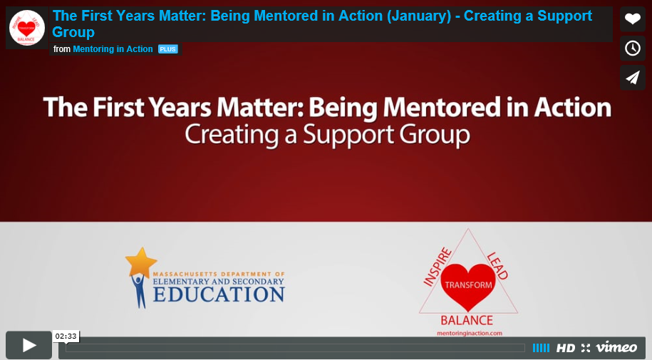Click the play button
point(29,346)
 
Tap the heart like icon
point(632,19)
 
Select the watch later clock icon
point(632,48)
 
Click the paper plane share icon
point(632,77)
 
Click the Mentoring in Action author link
point(113,49)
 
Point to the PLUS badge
point(168,49)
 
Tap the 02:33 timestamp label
point(66,336)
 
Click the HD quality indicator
point(566,348)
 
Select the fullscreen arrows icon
point(586,348)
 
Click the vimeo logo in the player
point(616,347)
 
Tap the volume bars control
point(541,348)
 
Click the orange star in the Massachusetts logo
point(140,261)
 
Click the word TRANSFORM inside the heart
point(468,284)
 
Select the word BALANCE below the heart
point(467,320)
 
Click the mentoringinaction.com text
point(468,333)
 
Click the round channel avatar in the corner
point(27,28)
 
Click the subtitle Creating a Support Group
point(327,135)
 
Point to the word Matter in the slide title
point(267,108)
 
